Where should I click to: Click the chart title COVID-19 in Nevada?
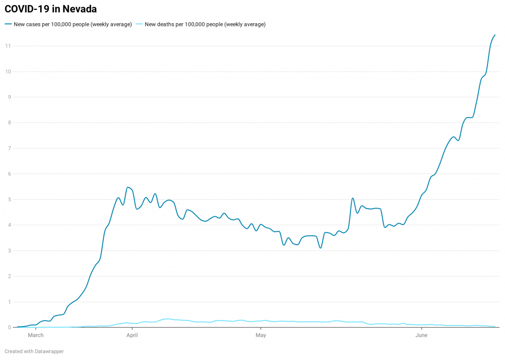click(50, 9)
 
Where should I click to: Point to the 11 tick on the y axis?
click(8, 46)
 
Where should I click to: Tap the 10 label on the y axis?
click(8, 72)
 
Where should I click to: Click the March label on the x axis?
click(36, 336)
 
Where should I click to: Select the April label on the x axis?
click(132, 336)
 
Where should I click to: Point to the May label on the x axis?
click(261, 336)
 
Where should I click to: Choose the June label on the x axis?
click(422, 336)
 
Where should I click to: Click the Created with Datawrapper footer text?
click(34, 351)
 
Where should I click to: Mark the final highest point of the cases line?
click(495, 35)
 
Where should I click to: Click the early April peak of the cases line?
click(127, 187)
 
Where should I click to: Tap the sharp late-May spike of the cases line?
click(352, 198)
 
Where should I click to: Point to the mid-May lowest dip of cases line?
click(320, 248)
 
